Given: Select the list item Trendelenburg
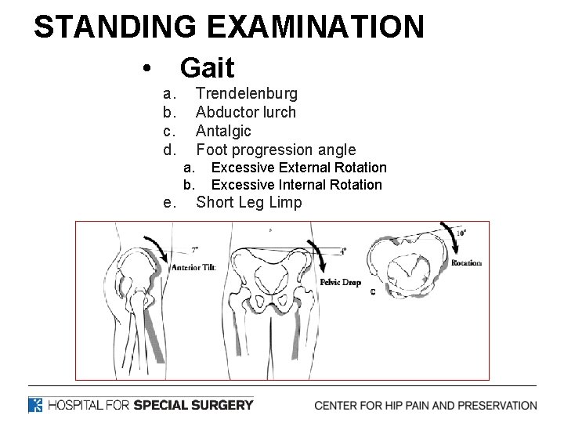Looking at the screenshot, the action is (246, 94).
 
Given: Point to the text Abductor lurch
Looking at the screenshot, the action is (245, 112).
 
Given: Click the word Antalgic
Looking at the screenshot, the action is (223, 131).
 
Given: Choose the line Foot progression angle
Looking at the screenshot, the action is (275, 150).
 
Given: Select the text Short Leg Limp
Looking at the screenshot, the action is (248, 203).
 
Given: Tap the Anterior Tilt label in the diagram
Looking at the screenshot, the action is (193, 267).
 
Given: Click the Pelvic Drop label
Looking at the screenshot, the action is (341, 282).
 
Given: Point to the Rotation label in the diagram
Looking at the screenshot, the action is (467, 263).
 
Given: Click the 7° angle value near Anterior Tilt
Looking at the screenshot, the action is (195, 250).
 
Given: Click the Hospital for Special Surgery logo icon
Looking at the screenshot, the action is (35, 405).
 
